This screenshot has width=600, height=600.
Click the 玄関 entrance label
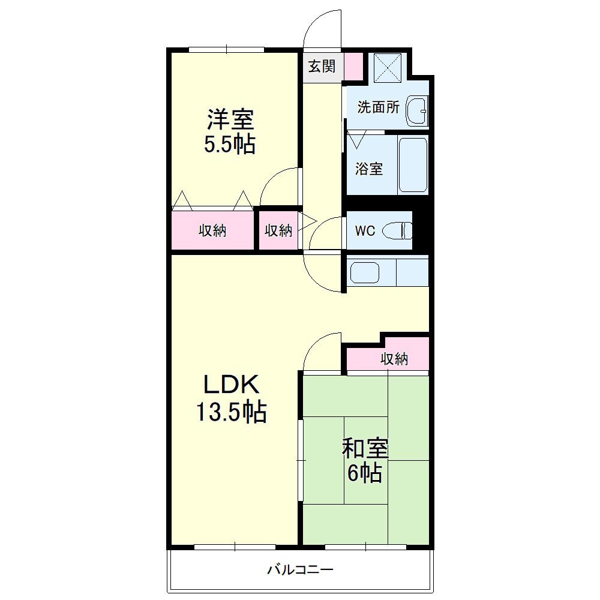pos(322,67)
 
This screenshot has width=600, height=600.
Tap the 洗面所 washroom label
pos(378,107)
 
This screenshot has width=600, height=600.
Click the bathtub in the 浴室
pos(413,165)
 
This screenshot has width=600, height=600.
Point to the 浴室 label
pos(369,169)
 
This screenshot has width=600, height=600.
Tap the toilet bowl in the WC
pos(397,231)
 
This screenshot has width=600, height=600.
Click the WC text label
pos(365,231)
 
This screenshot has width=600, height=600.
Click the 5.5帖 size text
pos(230,145)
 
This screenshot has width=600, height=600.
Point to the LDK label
pos(231,385)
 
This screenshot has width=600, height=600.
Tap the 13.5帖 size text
pos(231,412)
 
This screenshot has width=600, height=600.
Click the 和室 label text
pos(365,448)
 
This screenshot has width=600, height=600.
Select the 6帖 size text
pos(365,473)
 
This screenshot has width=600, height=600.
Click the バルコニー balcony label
pos(300,570)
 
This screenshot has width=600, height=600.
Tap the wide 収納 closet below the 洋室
pos(212,230)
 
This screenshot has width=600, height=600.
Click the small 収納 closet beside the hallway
pos(278,230)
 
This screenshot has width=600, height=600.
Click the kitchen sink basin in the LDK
pos(365,272)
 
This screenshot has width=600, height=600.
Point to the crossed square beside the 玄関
pos(388,68)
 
